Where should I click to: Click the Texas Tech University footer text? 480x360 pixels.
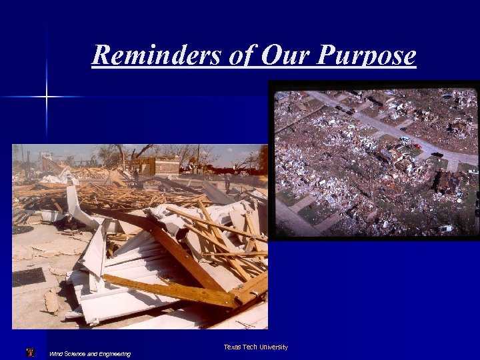point(255,347)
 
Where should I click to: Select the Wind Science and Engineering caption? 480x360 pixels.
point(90,353)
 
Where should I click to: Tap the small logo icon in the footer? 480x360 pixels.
point(30,353)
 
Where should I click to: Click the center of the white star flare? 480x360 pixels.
point(46,97)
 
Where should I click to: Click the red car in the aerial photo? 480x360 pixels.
point(417,145)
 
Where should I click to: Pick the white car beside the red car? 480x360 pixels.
point(405,140)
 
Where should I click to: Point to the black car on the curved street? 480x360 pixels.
point(437,155)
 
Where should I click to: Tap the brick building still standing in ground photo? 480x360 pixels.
point(160,165)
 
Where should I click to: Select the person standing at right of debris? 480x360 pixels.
point(227,181)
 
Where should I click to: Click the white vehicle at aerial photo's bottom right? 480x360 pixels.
point(445,229)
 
